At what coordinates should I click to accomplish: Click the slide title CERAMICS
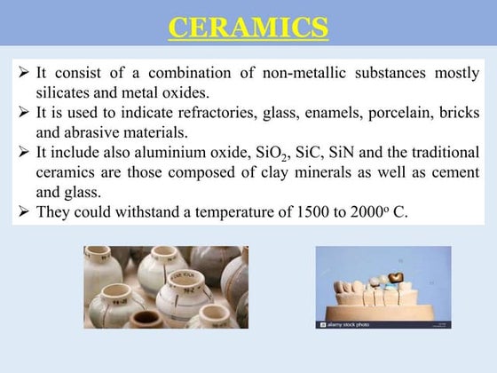click(x=248, y=28)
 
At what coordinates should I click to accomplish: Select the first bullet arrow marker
click(x=24, y=72)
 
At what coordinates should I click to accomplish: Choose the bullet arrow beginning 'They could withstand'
click(x=24, y=213)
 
